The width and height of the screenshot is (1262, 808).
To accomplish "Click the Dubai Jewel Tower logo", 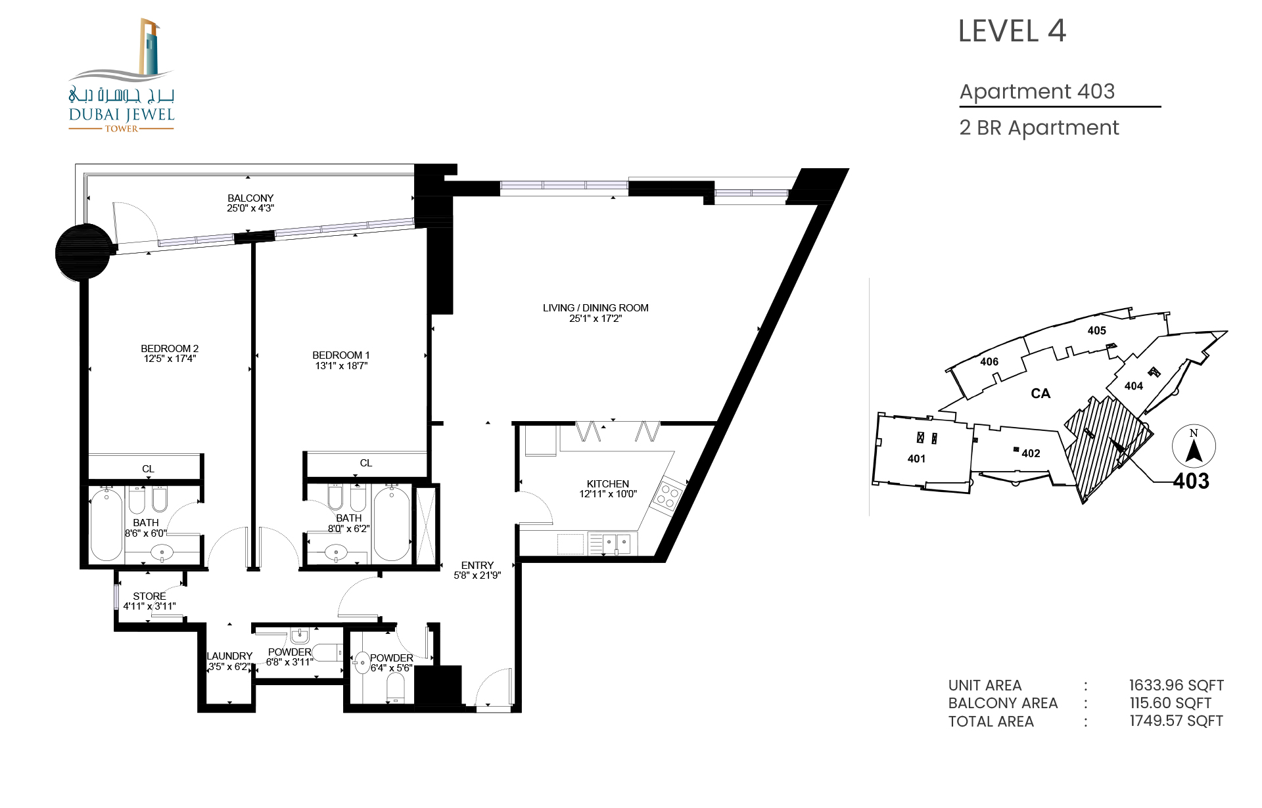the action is pos(122,76).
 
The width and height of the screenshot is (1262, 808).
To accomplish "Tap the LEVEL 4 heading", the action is pos(1012,31).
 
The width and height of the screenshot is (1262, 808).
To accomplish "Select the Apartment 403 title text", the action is pos(1037,91).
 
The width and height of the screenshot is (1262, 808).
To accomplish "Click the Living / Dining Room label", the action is pos(596,307).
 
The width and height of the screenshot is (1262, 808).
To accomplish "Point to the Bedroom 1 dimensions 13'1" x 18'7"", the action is pos(341,366).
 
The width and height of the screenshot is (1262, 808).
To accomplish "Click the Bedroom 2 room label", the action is pos(170,348).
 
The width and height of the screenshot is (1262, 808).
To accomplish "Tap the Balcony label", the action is pos(250,198).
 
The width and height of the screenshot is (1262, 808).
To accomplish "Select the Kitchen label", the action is pos(608,483).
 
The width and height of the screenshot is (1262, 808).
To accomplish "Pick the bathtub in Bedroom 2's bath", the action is pos(106,524).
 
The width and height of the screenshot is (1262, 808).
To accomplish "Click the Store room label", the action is pos(149,596).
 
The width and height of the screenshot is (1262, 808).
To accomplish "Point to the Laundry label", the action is pos(229,656).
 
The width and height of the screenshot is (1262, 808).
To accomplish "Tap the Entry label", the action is pos(477,565).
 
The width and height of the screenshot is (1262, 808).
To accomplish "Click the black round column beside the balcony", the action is pos(83,252).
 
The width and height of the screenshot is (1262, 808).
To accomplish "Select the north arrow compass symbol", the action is pos(1194,447).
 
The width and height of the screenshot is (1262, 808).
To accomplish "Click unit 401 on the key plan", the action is pos(916,459).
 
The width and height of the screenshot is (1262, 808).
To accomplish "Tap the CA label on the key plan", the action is pos(1040,393).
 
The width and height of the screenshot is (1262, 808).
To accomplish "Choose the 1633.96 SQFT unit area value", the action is pos(1177,685).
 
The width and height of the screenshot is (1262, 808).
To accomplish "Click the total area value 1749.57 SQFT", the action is pos(1177,721).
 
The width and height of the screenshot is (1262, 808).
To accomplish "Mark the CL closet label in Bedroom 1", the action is pos(366,463).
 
